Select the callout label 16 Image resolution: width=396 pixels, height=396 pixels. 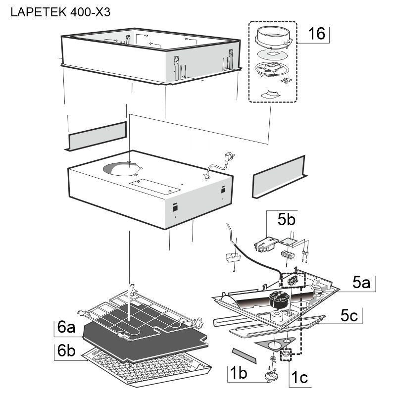pyautogui.click(x=316, y=34)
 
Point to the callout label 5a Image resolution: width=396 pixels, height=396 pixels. pyautogui.click(x=361, y=283)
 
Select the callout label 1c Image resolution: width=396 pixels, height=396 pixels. pyautogui.click(x=298, y=378)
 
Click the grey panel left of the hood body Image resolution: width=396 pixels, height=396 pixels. pyautogui.click(x=97, y=136)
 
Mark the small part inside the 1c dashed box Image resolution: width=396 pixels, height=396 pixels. pyautogui.click(x=286, y=355)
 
